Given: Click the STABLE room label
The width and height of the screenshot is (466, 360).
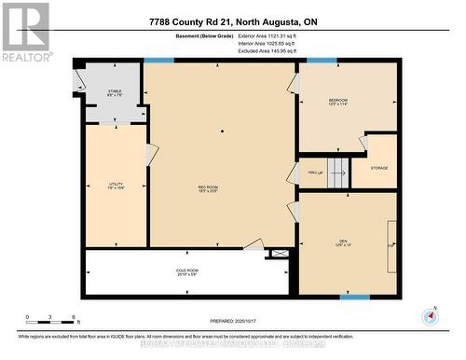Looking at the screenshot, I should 114,92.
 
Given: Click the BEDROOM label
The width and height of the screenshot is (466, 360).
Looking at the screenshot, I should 337,102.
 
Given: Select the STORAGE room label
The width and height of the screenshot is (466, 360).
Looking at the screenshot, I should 378,168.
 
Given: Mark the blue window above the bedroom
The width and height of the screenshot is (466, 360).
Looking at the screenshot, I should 322,61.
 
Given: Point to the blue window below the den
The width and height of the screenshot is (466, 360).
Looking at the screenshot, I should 354,297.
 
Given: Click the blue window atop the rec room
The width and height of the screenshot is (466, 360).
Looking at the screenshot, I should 158,61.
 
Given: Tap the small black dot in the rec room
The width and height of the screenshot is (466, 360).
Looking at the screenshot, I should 222,132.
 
